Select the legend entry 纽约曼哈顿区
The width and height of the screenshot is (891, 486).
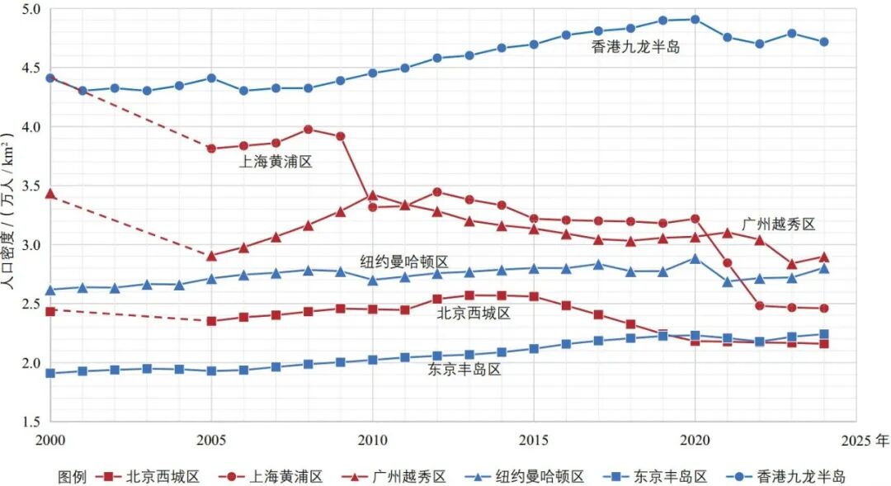[540, 476]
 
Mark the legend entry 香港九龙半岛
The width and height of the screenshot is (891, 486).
[800, 476]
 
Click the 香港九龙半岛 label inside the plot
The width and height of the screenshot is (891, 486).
[636, 47]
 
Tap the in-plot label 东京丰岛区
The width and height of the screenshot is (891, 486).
[464, 370]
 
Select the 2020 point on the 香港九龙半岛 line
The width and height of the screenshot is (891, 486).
[695, 19]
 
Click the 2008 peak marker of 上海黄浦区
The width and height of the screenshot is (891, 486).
[308, 129]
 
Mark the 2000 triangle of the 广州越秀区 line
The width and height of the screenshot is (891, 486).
[50, 193]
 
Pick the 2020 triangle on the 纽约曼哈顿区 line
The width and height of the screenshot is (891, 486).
[695, 258]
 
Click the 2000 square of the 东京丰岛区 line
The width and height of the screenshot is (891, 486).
[50, 373]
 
